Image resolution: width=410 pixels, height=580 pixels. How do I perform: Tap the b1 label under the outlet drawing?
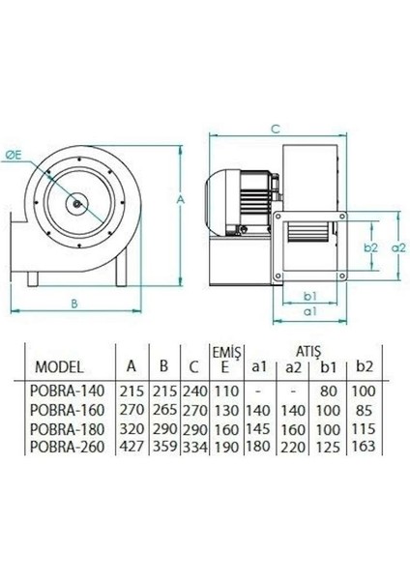click(x=310, y=296)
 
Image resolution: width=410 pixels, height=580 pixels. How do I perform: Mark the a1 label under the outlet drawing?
click(x=310, y=313)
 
